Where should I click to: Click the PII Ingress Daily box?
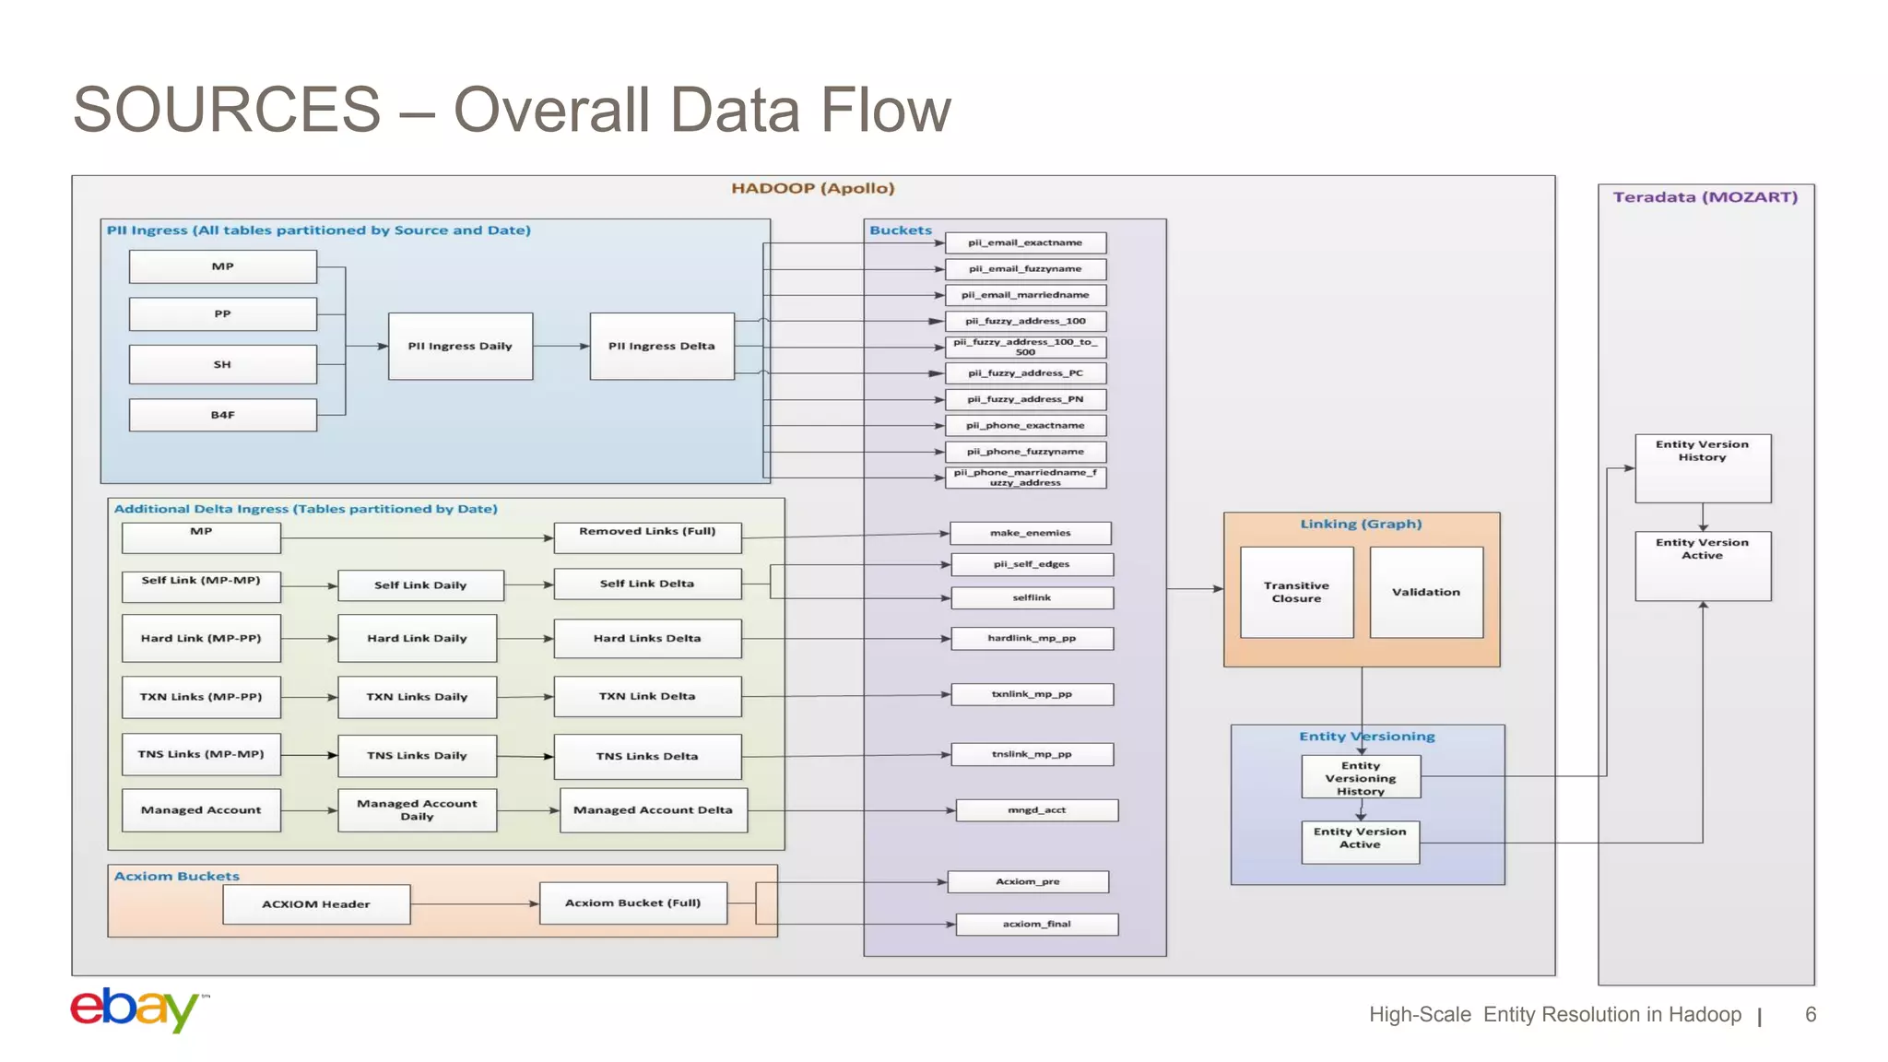[460, 346]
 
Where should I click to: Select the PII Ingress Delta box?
[662, 346]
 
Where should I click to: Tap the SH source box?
[222, 364]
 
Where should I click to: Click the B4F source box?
[222, 415]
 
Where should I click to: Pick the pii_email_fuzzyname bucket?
[1025, 269]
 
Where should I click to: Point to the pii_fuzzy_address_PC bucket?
[1025, 373]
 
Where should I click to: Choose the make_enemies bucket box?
[1030, 533]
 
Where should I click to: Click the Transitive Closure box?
[1296, 592]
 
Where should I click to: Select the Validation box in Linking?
[1425, 592]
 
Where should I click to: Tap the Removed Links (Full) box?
[647, 537]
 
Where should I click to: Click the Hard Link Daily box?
[417, 638]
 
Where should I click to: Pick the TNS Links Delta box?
[647, 756]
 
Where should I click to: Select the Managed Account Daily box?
[417, 809]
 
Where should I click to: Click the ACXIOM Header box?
[316, 904]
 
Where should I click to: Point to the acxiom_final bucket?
[1036, 924]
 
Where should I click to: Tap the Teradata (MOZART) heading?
[1705, 197]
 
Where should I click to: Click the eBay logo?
[136, 1010]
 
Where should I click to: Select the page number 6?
[1810, 1015]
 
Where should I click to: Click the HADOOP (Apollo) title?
[812, 188]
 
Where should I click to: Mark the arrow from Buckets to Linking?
[1195, 588]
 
